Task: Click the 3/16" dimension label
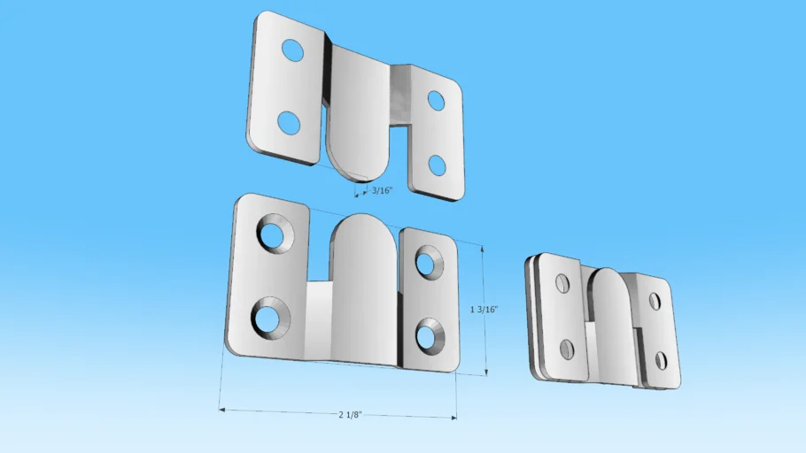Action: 383,190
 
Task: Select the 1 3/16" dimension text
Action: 484,310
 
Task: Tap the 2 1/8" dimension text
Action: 351,414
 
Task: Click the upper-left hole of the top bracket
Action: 291,51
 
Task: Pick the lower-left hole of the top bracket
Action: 289,123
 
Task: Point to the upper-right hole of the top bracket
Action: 436,101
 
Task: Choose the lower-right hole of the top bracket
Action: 436,165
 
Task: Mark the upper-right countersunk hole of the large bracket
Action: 426,263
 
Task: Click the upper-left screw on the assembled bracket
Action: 562,283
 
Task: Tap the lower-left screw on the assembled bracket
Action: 567,349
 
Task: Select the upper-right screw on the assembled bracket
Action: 655,302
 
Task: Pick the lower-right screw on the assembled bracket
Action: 660,360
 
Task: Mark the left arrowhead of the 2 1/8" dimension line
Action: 221,410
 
